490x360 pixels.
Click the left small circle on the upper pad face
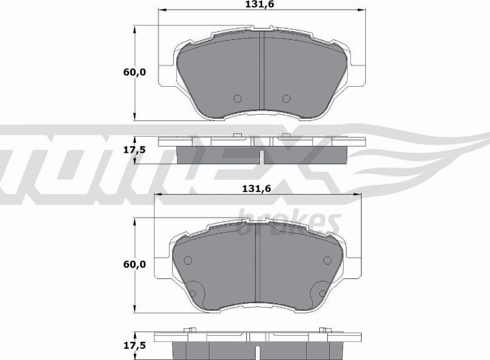click(x=237, y=98)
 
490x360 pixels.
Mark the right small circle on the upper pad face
click(x=286, y=98)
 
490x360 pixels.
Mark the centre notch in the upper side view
click(x=262, y=157)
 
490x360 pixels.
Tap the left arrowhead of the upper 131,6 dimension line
click(x=161, y=11)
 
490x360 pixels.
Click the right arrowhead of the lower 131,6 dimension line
click(x=360, y=195)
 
